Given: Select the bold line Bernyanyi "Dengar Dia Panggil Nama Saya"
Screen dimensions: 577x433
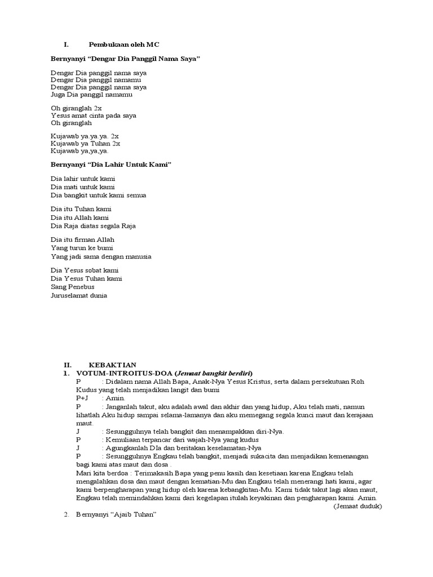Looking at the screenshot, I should point(125,59).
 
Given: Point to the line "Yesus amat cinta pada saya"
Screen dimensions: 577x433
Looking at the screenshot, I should point(93,115).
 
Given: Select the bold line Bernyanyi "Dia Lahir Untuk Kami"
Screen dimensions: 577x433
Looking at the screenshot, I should point(111,164).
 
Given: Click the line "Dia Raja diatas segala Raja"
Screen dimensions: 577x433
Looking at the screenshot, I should point(93,226).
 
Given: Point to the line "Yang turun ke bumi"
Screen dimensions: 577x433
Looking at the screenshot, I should point(82,248).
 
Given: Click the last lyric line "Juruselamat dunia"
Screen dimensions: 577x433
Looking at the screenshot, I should point(79,295).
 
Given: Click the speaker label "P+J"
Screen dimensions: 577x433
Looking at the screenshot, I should point(82,398).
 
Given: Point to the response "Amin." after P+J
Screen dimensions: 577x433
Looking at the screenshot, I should point(111,398).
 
